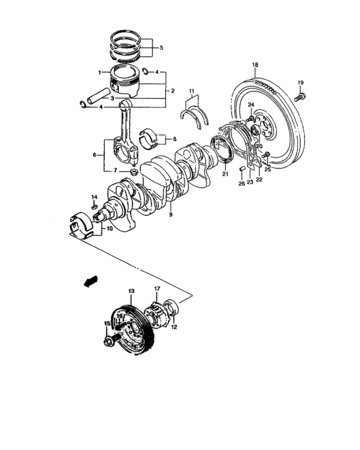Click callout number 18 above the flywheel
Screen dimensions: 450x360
(255, 66)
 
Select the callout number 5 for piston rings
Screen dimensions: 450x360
(161, 48)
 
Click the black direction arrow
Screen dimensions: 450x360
(91, 281)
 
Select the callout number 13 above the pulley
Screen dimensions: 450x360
(130, 292)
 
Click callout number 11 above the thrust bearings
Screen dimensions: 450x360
(191, 91)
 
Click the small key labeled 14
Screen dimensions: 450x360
(94, 206)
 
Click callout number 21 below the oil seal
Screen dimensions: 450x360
(226, 174)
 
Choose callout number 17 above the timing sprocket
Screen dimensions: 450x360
(156, 289)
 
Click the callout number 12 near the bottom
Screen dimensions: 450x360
(174, 327)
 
